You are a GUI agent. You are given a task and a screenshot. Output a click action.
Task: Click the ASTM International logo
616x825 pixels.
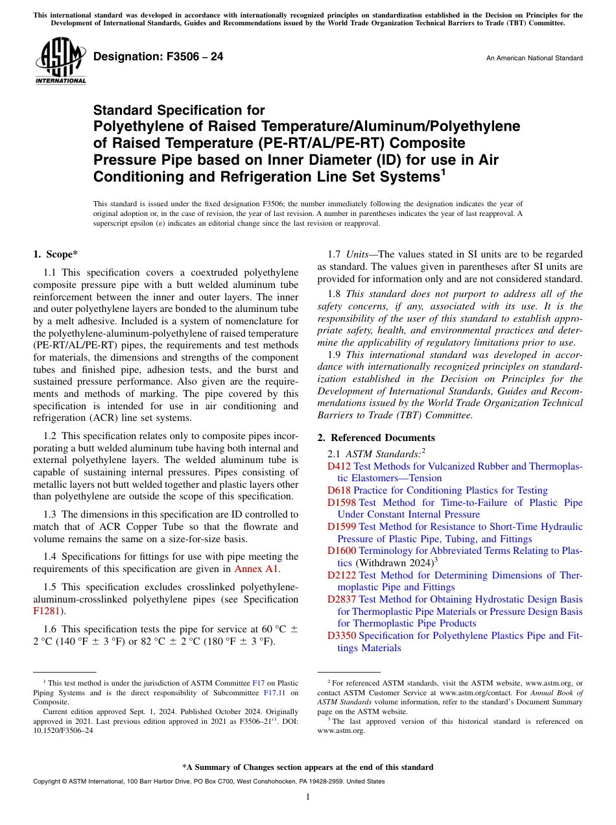60,62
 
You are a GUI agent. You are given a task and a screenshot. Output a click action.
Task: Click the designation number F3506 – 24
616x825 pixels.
158,57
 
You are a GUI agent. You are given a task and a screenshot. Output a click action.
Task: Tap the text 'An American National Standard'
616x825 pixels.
534,58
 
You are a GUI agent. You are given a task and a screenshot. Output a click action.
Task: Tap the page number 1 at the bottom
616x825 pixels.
308,797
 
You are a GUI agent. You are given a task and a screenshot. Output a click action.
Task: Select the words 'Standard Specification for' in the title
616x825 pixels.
179,111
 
